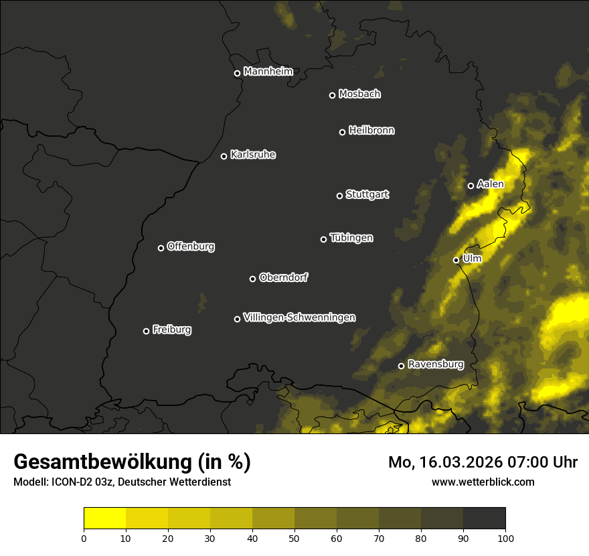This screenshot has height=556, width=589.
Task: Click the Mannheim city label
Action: click(268, 72)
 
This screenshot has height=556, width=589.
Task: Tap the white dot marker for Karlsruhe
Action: click(224, 156)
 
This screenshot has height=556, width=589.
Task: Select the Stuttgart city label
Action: click(367, 194)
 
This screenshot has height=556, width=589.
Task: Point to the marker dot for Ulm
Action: click(456, 260)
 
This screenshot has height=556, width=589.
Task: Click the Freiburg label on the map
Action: click(172, 330)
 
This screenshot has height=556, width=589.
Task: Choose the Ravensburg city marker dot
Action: click(402, 366)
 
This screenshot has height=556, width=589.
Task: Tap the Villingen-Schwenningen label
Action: click(300, 318)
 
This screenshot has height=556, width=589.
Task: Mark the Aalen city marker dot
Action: click(471, 186)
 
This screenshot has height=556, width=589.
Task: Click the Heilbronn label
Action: click(371, 131)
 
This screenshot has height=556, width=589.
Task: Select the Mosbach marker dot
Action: click(332, 95)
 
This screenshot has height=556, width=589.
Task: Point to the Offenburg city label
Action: click(191, 247)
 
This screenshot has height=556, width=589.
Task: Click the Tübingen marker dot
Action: click(324, 239)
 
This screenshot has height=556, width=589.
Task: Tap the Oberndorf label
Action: click(284, 277)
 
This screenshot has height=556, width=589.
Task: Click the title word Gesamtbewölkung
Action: click(100, 462)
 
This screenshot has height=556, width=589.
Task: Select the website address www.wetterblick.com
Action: click(483, 482)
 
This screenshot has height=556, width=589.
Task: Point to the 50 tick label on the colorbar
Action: click(294, 537)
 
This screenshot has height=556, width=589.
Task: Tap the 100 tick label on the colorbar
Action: click(505, 537)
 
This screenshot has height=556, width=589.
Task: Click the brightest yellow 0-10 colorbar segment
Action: click(105, 518)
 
